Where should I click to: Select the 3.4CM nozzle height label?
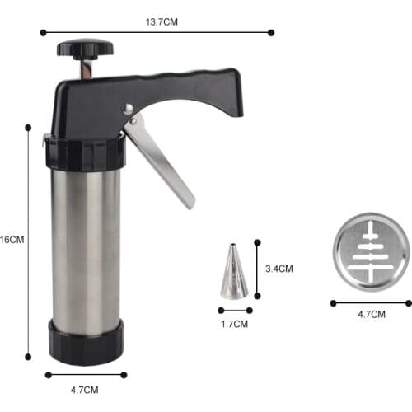coord(280,269)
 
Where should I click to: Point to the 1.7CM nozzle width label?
coord(235,324)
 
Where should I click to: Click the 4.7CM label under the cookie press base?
coord(85,389)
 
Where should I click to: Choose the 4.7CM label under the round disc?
coord(371,315)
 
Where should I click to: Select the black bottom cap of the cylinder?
coord(86,341)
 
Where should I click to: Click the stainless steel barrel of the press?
coord(86,247)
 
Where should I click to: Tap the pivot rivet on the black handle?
coord(128,110)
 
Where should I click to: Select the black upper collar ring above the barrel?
coord(86,153)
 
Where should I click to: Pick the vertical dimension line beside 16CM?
coord(28,241)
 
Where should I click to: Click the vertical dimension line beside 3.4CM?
coord(257,269)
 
